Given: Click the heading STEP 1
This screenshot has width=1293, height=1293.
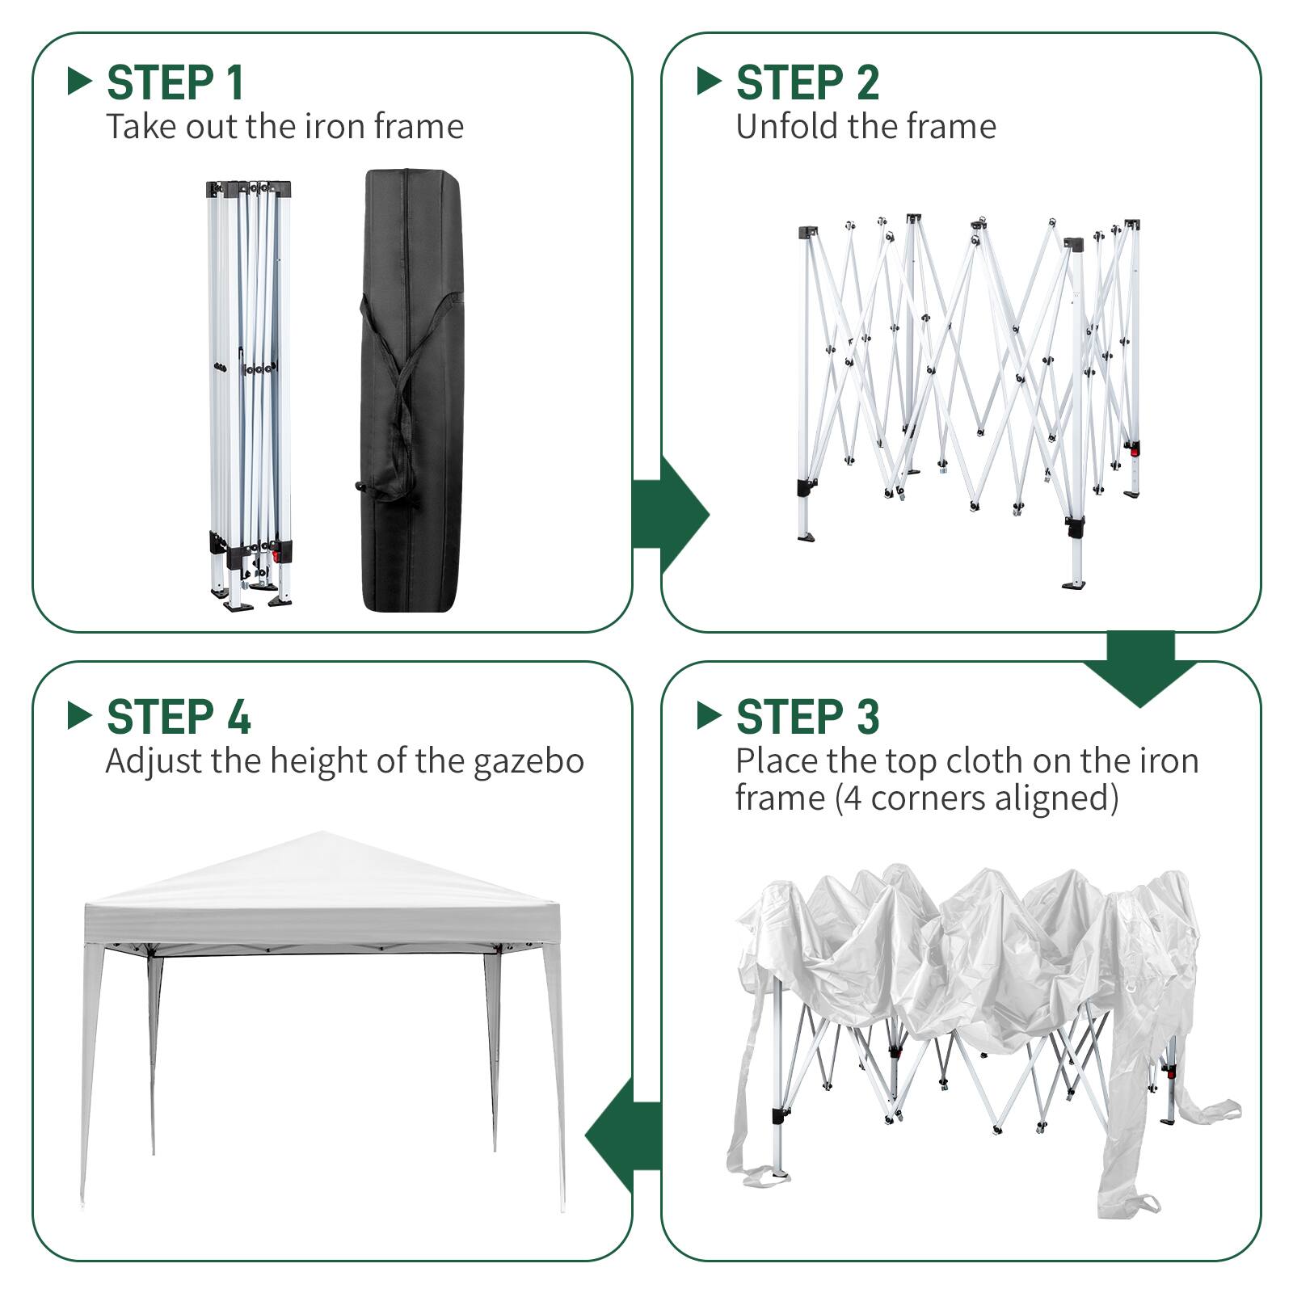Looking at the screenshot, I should point(175,82).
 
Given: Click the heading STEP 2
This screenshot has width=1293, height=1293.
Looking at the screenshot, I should point(807,82).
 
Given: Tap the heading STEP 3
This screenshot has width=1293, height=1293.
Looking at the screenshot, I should point(807,717).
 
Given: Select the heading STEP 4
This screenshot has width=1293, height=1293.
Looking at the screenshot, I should point(178,717).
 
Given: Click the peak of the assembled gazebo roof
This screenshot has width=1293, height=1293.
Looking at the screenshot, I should point(322,834).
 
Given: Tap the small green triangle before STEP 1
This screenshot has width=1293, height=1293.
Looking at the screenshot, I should point(79,81).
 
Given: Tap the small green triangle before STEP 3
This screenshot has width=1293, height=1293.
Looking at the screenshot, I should point(708,715).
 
